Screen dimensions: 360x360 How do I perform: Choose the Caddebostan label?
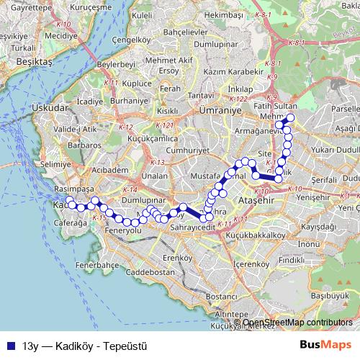pyautogui.click(x=148, y=273)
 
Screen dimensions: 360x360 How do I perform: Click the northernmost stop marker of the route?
pyautogui.click(x=291, y=118)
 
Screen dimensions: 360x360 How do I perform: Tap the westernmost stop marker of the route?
pyautogui.click(x=70, y=201)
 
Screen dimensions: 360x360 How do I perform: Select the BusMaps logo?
pyautogui.click(x=325, y=345)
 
